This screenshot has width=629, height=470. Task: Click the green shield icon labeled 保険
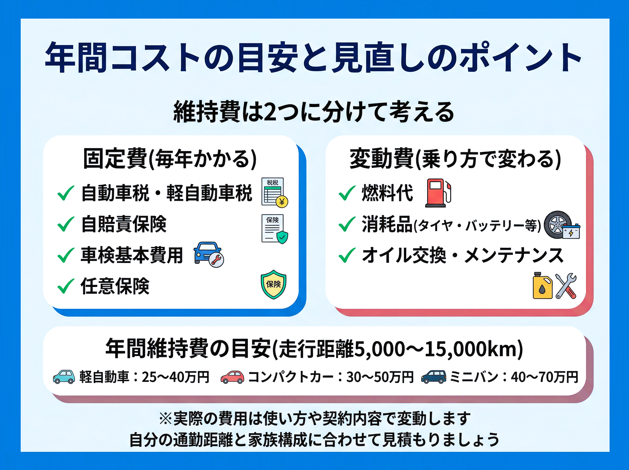[x=273, y=285]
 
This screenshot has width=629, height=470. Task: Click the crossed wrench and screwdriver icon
[x=566, y=286]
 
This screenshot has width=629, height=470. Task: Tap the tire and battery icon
[x=562, y=225]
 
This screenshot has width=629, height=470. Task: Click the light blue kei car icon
[x=64, y=377]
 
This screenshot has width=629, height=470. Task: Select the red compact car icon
[x=232, y=377]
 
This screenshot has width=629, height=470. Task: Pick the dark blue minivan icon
[x=434, y=377]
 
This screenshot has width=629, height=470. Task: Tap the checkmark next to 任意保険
[x=66, y=286]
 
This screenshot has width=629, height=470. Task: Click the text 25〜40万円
[x=175, y=377]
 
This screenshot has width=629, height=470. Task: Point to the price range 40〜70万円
[x=544, y=377]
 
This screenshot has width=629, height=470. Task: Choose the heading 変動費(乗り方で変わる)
[x=455, y=159]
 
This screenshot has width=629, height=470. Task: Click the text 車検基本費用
[x=132, y=255]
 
